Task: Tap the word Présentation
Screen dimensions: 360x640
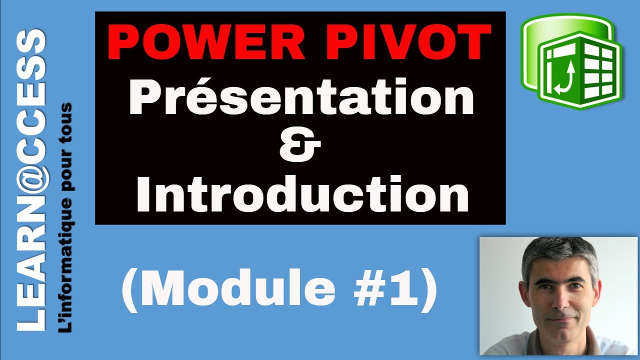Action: pyautogui.click(x=301, y=97)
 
